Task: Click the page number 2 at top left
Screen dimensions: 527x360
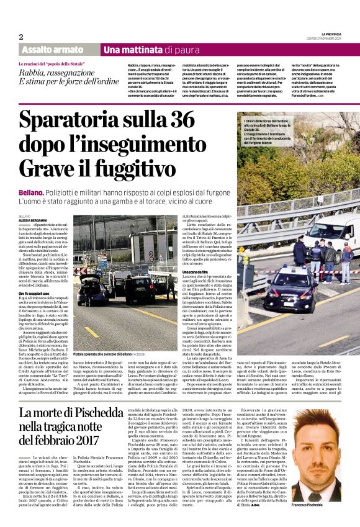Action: tap(20, 37)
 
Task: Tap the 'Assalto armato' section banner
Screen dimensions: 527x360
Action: tap(52, 50)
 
